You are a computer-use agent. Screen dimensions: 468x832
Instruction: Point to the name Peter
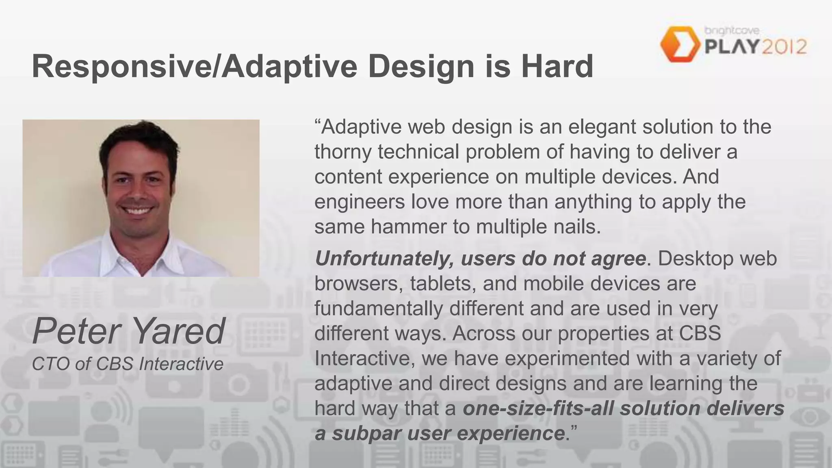point(75,331)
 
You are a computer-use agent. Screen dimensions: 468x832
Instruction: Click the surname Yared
point(178,331)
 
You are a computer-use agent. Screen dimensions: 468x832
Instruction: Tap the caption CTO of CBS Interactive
point(128,364)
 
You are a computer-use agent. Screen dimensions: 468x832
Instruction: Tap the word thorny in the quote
point(342,152)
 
